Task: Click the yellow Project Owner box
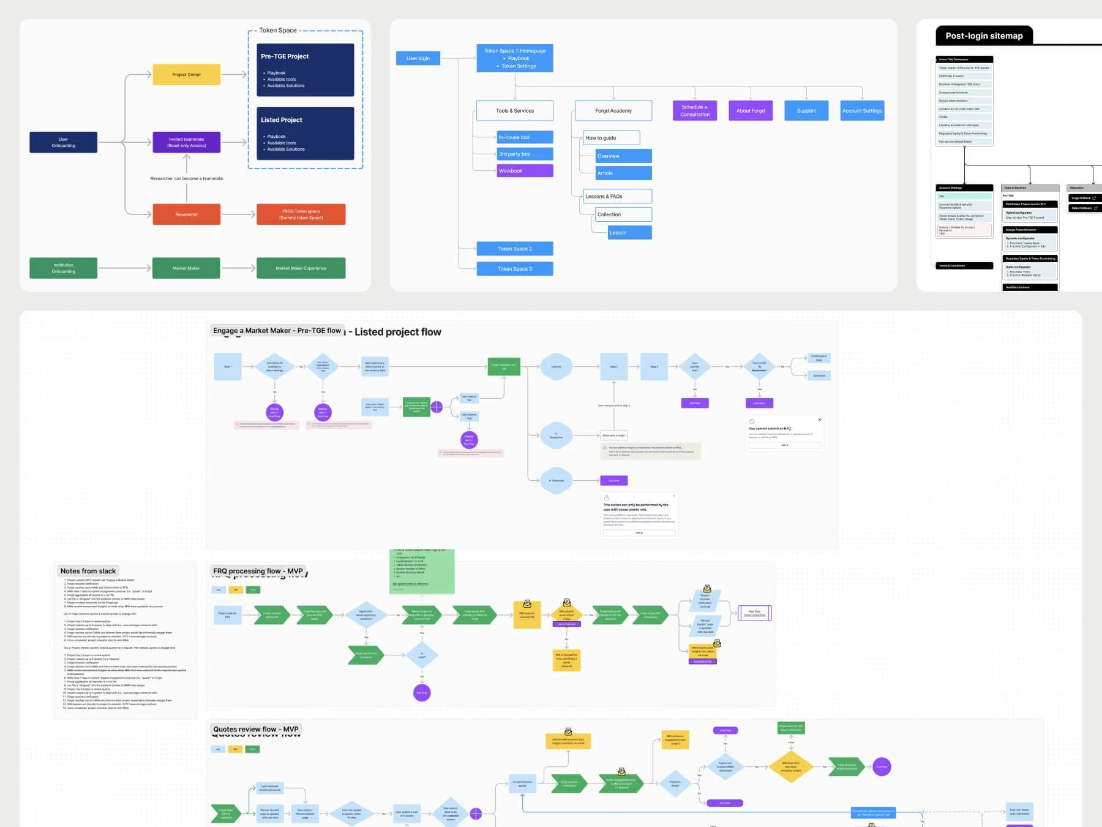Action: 186,75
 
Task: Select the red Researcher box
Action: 186,214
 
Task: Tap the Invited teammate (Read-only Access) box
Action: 186,142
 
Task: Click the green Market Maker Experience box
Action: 301,268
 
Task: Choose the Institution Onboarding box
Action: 63,268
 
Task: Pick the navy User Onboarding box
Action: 63,142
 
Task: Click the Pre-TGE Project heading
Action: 285,56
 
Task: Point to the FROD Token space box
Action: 301,214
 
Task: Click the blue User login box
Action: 418,58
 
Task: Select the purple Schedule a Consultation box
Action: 694,111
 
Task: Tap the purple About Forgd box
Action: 750,111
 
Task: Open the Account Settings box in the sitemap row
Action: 862,111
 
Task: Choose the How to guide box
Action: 610,138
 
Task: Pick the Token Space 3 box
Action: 514,269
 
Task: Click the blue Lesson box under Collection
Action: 629,233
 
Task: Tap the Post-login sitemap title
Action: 983,36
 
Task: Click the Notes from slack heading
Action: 88,571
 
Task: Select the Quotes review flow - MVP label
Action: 255,730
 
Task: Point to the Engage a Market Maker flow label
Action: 277,331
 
